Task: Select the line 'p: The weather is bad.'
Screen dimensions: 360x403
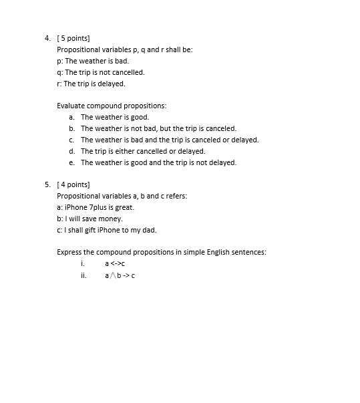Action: (x=92, y=61)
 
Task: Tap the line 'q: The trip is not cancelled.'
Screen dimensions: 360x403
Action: (x=100, y=72)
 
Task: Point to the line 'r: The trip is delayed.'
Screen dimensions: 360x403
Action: (x=91, y=84)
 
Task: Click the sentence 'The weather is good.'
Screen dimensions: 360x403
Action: (x=115, y=117)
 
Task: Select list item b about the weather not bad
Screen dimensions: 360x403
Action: (x=158, y=128)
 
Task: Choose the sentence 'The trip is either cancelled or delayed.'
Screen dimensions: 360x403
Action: (x=143, y=151)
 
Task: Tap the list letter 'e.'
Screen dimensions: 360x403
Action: (x=71, y=162)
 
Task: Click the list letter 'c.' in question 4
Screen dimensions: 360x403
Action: (x=71, y=140)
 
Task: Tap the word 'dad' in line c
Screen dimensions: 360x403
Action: (x=150, y=230)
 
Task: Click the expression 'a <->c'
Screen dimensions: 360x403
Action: (x=115, y=263)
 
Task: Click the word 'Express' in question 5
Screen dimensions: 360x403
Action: (x=69, y=252)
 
